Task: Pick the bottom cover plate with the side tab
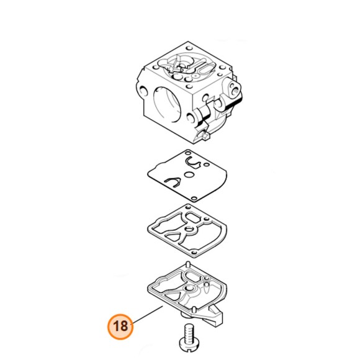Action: (186, 292)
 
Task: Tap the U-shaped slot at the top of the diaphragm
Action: (194, 163)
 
